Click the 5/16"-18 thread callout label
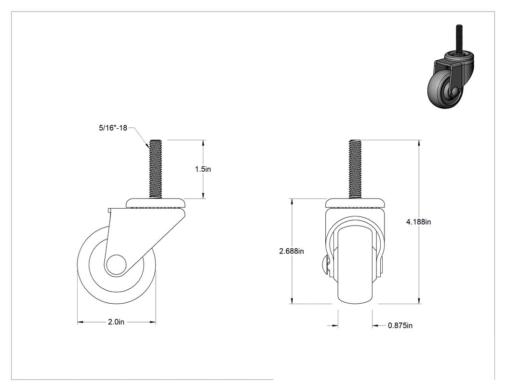113,128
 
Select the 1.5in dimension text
203,169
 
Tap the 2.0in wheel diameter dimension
116,322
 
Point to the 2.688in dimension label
292,251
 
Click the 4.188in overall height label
419,222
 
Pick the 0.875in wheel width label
400,325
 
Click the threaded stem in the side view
156,169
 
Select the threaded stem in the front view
355,169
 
